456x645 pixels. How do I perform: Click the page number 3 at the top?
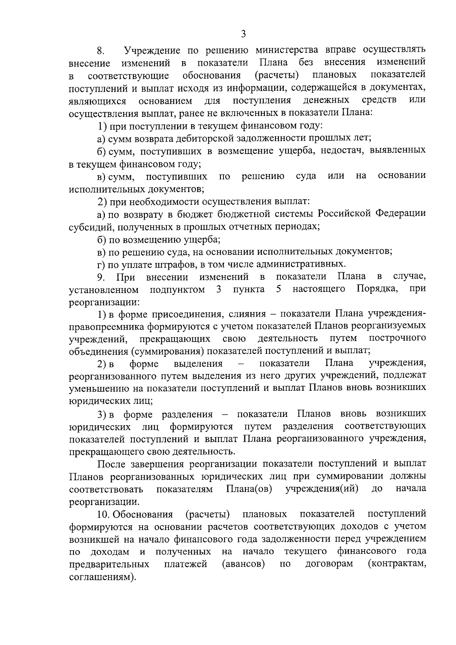244,34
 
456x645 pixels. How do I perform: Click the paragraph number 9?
100,277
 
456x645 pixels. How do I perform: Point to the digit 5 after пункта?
279,289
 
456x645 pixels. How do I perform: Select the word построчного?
397,338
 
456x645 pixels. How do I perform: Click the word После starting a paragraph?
112,464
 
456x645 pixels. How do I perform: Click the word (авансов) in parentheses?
244,564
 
